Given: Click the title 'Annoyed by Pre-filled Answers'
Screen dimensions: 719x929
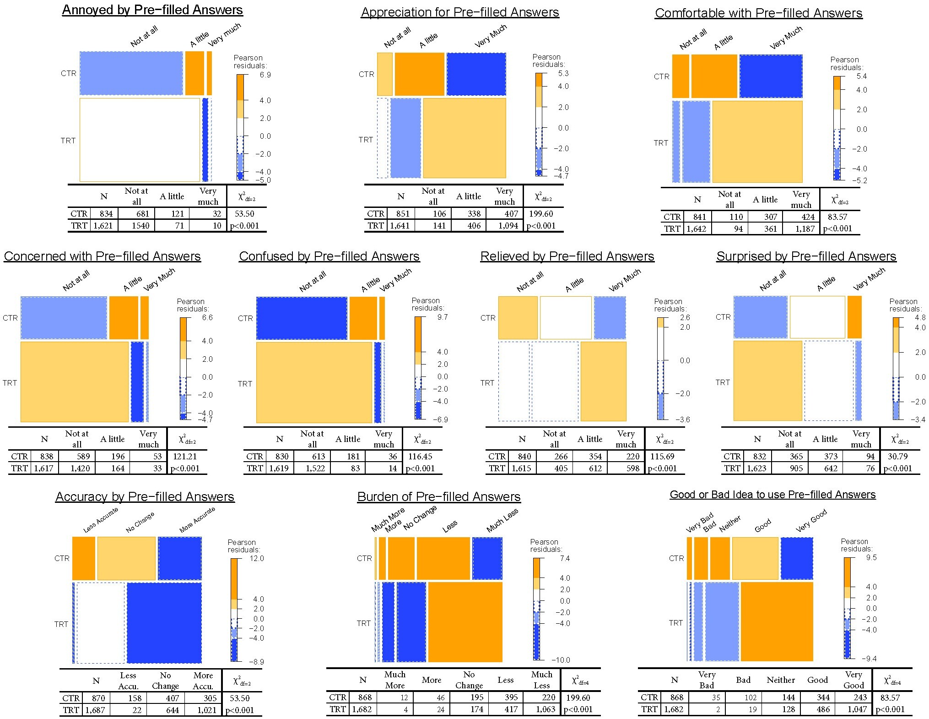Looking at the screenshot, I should coord(152,10).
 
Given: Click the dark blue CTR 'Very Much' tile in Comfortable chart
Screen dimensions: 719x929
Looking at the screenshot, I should coord(771,76).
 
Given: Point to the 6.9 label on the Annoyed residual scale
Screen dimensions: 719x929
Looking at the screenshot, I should coord(265,75).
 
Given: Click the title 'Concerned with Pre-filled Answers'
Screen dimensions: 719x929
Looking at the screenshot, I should coord(102,256).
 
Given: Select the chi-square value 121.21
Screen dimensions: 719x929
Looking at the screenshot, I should coord(184,456).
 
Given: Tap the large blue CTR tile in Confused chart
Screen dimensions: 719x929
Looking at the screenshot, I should coord(302,318).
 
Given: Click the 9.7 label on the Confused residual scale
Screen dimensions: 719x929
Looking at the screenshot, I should coord(442,317).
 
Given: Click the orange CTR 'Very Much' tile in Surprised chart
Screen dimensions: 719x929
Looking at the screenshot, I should coord(854,317).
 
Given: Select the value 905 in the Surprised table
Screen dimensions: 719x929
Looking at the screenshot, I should coord(793,468).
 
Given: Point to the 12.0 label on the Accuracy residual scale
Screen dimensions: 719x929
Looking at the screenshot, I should coord(256,558).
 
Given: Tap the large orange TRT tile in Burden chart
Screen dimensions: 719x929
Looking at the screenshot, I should coord(465,621).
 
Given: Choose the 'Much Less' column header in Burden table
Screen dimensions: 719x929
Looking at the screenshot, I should coord(541,680).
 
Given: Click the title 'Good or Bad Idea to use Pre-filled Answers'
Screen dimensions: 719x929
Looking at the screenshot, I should coord(772,495).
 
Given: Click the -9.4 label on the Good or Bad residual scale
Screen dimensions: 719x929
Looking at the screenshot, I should coord(868,659).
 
